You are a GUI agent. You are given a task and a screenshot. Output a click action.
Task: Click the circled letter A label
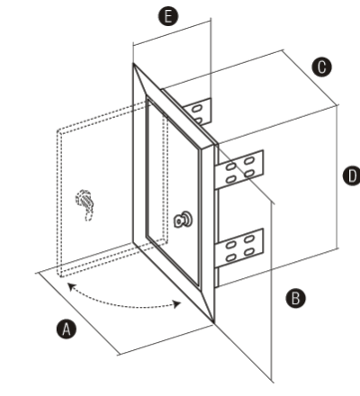click(67, 329)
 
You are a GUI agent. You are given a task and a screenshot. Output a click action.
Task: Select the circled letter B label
click(295, 299)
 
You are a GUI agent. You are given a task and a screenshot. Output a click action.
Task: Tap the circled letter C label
click(321, 67)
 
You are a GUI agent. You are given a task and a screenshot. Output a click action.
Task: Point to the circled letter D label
click(352, 175)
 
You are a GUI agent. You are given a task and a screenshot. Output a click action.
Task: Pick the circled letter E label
click(168, 16)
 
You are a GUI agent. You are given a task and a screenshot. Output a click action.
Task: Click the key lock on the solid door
click(184, 220)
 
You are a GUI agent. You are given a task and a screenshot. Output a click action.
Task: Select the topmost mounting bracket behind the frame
click(198, 112)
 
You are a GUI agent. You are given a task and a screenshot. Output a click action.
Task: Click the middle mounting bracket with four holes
click(239, 169)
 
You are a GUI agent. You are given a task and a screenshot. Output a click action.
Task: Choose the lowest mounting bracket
click(239, 247)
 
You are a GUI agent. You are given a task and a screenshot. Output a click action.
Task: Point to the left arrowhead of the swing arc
click(71, 286)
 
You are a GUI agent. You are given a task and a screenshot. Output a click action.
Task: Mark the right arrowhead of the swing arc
click(177, 304)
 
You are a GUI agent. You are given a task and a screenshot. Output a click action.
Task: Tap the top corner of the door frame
click(133, 64)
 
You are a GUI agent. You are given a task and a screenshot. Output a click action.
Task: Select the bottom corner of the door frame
click(213, 322)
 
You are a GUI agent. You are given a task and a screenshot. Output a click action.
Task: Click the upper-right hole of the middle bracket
click(249, 161)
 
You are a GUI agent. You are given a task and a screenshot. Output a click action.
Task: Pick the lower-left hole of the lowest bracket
click(230, 257)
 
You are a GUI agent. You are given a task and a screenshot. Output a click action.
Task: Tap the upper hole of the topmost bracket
click(196, 108)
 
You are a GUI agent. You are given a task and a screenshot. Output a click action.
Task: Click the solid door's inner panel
click(173, 192)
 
